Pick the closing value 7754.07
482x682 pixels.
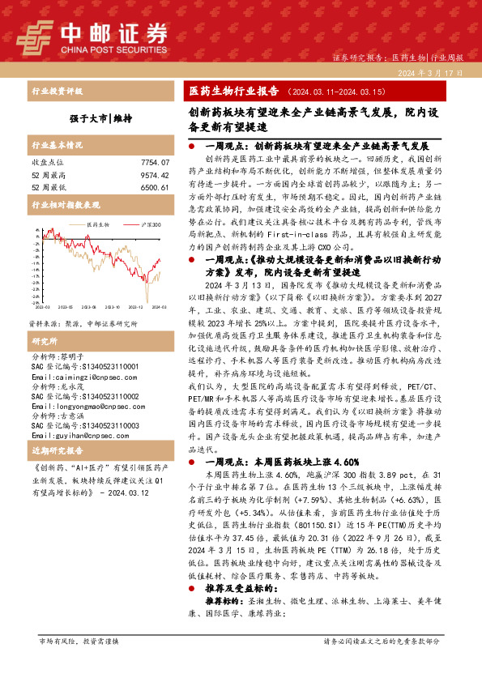coord(155,163)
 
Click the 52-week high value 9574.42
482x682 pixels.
coord(155,174)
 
